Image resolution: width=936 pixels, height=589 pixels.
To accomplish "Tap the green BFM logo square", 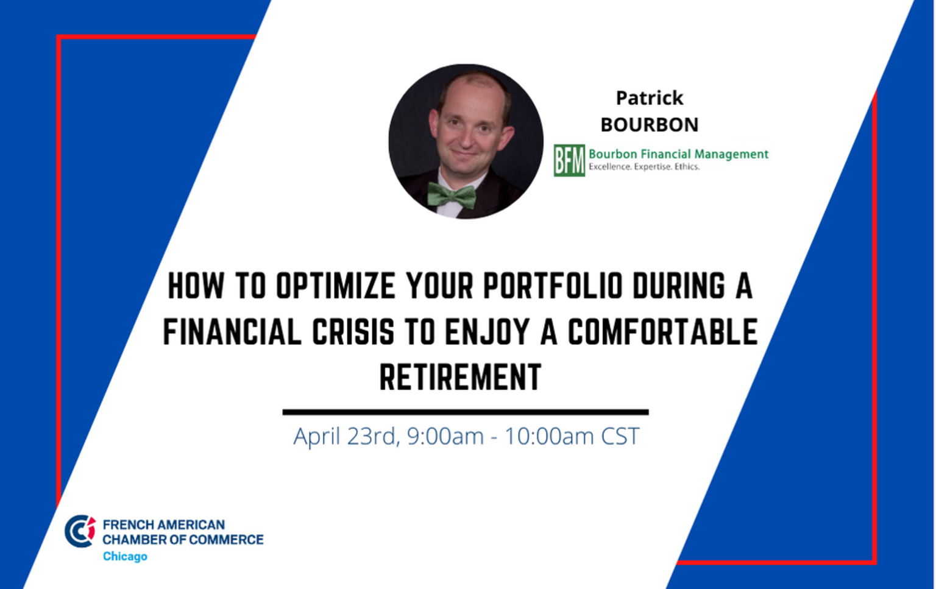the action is point(569,160).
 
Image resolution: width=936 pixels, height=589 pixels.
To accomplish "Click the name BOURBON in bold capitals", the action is point(650,124).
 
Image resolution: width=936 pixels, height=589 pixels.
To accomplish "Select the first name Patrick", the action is point(650,98).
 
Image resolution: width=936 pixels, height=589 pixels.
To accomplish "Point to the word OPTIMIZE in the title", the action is point(336,286).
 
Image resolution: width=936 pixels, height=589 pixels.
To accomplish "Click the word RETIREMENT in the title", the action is point(461,377).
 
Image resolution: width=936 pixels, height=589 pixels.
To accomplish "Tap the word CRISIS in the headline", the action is point(353,332).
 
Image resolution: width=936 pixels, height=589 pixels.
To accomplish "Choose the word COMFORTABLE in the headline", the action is point(662,332).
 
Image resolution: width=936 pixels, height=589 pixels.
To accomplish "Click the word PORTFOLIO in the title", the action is point(553,286).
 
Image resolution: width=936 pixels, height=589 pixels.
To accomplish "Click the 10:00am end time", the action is point(550,436).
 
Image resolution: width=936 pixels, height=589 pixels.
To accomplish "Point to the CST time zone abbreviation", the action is point(620,436).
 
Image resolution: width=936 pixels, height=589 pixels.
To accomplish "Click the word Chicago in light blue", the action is point(125,557).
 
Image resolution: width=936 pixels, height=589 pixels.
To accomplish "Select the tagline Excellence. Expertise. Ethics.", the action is point(644,167).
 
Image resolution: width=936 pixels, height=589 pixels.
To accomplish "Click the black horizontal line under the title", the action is point(466,412).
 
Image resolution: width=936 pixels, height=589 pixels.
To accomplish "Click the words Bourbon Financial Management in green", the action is point(679,154).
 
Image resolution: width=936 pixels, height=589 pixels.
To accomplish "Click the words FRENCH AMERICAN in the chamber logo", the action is point(164,524).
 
